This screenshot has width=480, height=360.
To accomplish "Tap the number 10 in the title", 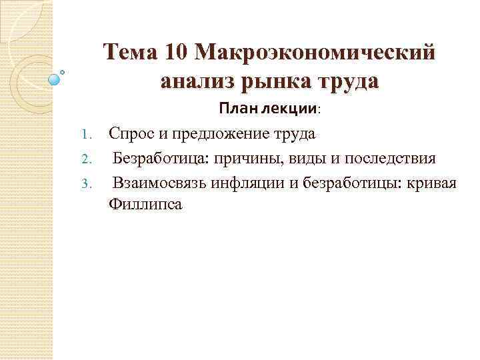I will pyautogui.click(x=176, y=52).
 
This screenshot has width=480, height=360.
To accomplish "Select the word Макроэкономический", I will pyautogui.click(x=317, y=52).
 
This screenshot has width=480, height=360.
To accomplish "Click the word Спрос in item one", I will pyautogui.click(x=130, y=134).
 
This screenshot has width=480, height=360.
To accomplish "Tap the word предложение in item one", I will pyautogui.click(x=221, y=134).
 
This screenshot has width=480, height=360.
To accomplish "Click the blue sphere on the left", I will pyautogui.click(x=55, y=79).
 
